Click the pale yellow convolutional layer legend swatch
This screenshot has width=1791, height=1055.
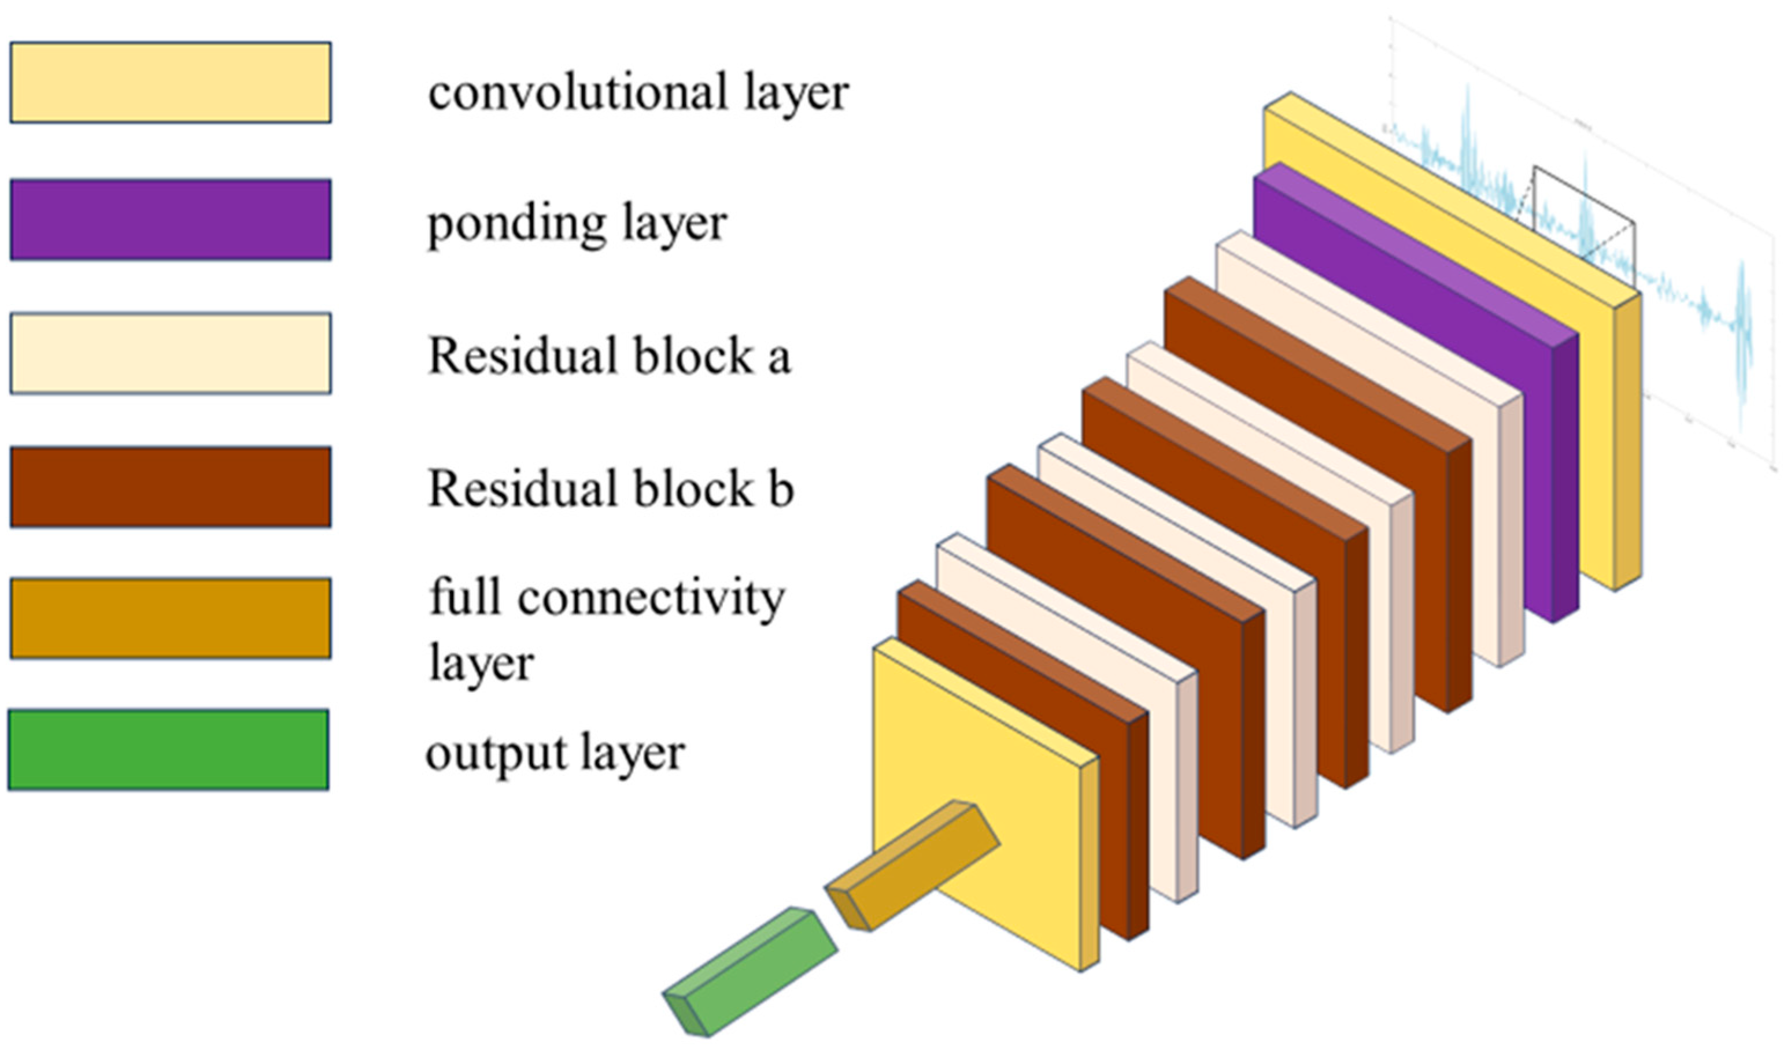(170, 83)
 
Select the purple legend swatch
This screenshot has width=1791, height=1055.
(170, 219)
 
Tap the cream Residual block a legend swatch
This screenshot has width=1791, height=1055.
(170, 353)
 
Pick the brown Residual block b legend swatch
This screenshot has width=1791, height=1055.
(170, 487)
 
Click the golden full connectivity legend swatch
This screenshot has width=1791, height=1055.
(170, 618)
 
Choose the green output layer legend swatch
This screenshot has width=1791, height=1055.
(168, 749)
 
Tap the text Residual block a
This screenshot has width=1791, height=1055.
(608, 356)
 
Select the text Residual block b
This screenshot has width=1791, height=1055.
(610, 489)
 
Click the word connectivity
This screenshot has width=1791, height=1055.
(650, 598)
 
